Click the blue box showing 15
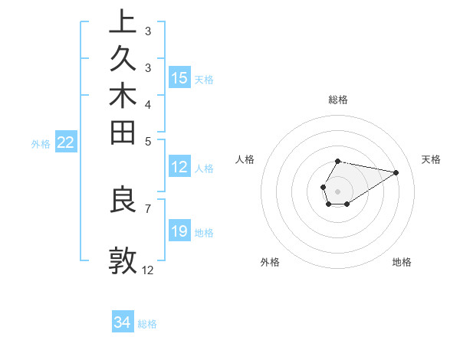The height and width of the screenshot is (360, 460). point(179,77)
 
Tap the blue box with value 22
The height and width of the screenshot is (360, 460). point(65,142)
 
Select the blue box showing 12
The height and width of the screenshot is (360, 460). point(179,167)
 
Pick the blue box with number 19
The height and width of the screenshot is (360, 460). point(179,231)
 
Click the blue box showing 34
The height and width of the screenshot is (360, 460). point(122,323)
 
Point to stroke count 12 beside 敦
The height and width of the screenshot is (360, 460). point(148,270)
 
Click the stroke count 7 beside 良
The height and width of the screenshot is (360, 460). point(148,208)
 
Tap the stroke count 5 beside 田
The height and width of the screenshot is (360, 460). point(148,140)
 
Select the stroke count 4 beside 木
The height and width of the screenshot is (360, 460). point(148,103)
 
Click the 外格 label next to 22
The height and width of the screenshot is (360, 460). point(41,143)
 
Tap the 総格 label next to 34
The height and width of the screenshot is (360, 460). point(147,324)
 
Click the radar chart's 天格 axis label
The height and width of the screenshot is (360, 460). point(431,159)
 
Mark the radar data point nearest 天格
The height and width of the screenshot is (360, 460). point(396,172)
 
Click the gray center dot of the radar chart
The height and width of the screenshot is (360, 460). point(337,191)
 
